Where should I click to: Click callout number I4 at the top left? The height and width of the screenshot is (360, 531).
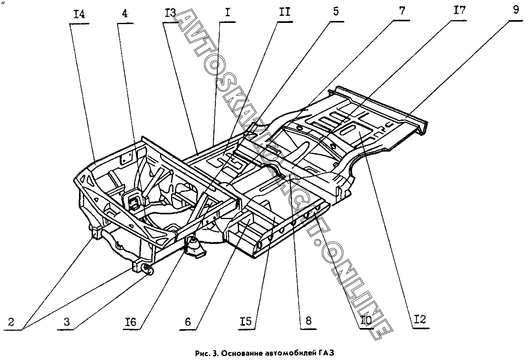(x=79, y=15)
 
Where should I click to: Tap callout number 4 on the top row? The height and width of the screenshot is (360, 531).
(x=125, y=14)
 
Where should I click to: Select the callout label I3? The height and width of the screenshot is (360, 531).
(x=170, y=13)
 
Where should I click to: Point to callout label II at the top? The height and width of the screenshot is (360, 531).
(x=285, y=12)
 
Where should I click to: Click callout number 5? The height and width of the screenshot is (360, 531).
(x=336, y=11)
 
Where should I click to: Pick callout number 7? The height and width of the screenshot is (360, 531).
(x=402, y=11)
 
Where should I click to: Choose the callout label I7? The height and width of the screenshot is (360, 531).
(x=459, y=10)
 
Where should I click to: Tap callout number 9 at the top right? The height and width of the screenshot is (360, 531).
(x=516, y=10)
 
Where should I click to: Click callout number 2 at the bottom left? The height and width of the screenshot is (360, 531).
(x=11, y=322)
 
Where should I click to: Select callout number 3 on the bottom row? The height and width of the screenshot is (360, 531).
(x=67, y=322)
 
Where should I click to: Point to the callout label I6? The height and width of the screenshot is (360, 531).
(x=131, y=322)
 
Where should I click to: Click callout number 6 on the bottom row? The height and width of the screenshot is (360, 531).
(x=188, y=322)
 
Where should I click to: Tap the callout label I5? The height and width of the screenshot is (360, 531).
(x=246, y=322)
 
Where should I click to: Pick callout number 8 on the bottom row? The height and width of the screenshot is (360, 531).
(x=309, y=321)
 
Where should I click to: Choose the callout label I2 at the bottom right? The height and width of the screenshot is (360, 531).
(x=420, y=320)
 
